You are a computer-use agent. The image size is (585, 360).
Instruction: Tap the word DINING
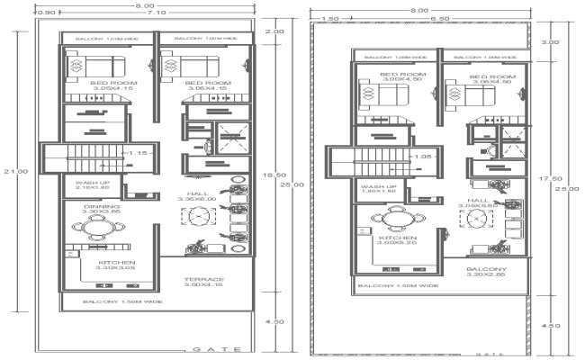95,206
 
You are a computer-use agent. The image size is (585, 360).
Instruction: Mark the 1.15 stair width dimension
137,153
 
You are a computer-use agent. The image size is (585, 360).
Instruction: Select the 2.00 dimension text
274,31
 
